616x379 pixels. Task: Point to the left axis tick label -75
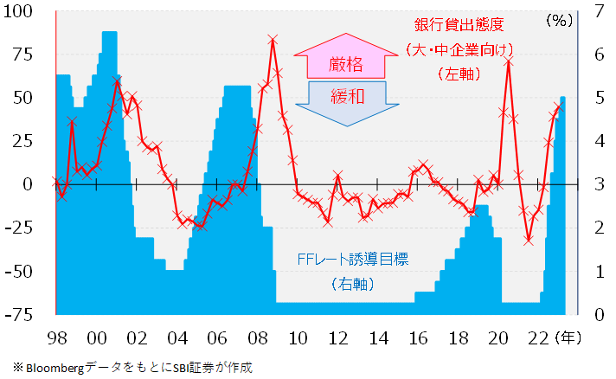20,314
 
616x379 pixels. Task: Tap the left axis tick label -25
20,228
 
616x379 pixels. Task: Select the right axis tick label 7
596,11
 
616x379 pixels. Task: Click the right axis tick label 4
596,141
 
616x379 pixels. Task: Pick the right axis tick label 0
596,314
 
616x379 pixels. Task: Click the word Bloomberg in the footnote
51,367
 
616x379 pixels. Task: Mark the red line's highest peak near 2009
273,39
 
